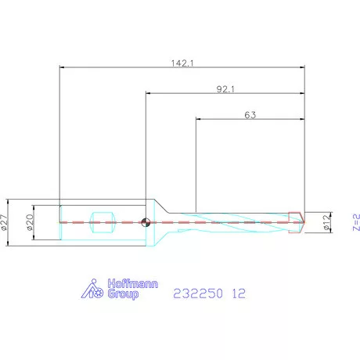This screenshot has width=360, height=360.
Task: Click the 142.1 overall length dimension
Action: coord(182,63)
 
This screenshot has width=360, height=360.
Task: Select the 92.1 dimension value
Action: coord(225,89)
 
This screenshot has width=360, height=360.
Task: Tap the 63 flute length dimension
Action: coord(250,115)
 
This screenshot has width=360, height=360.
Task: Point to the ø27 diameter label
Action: coord(4,222)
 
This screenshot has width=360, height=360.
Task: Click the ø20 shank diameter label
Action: coord(30,222)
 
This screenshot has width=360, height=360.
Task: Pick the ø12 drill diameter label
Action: coord(326,222)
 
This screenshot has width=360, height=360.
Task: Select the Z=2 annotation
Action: coord(356,222)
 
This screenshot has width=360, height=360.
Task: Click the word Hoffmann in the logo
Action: coord(133,283)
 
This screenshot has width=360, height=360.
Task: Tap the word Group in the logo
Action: coord(123,294)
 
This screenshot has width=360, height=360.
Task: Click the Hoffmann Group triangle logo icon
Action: coord(92,289)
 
